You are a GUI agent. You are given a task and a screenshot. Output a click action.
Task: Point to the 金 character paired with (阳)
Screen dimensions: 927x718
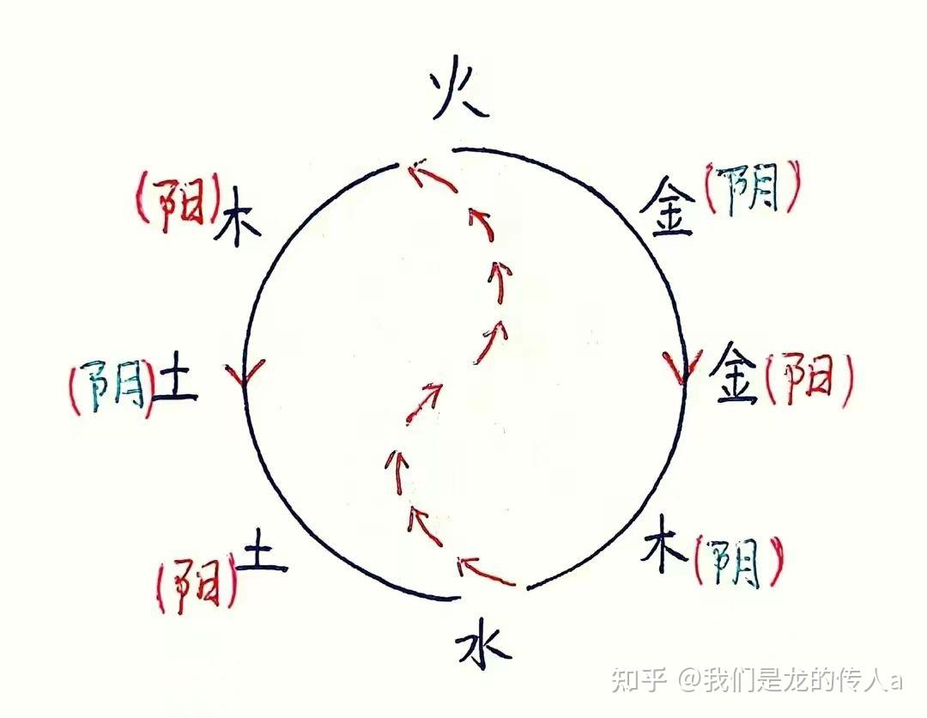[736, 374]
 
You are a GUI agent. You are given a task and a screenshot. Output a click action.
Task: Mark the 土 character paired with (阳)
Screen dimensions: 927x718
[263, 557]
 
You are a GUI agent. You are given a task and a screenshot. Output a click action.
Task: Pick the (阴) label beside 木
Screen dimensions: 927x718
[737, 563]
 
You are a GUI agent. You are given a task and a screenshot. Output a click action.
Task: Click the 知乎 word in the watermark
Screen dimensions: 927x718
[639, 680]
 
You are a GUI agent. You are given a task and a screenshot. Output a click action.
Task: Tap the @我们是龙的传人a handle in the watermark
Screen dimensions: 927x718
[790, 680]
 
